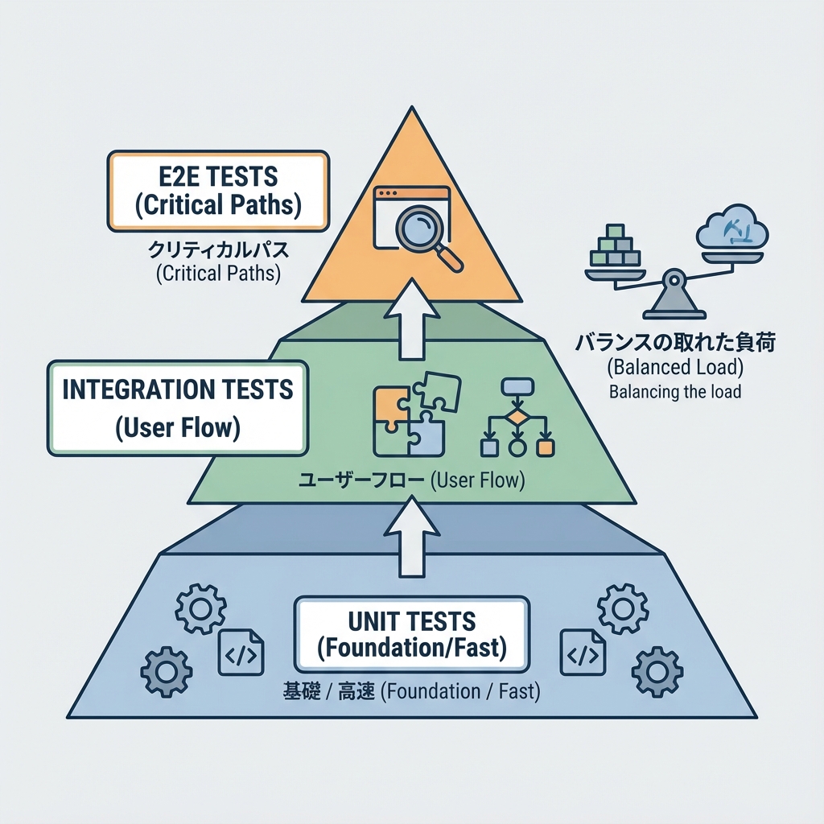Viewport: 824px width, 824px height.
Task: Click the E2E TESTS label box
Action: point(217,192)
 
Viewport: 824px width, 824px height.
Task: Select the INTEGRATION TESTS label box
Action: point(177,409)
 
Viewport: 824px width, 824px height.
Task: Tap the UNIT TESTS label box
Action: point(412,634)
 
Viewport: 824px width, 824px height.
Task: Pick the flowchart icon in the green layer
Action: point(515,418)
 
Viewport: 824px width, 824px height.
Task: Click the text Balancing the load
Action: point(674,393)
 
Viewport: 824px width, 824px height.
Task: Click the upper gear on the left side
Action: point(196,610)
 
